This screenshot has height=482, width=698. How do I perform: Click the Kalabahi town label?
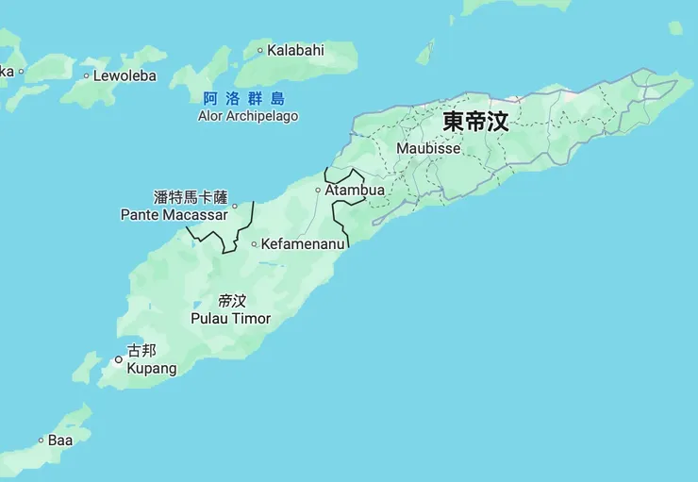pyautogui.click(x=295, y=50)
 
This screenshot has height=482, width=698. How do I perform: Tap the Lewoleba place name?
pyautogui.click(x=125, y=75)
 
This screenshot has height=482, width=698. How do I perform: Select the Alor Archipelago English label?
pyautogui.click(x=248, y=116)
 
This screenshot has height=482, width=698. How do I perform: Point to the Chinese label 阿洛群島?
pyautogui.click(x=243, y=98)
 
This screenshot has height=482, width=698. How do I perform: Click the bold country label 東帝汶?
pyautogui.click(x=475, y=122)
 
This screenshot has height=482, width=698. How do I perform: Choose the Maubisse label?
pyautogui.click(x=428, y=148)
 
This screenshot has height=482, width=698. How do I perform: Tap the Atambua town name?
pyautogui.click(x=355, y=190)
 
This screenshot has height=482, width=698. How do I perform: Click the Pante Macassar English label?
pyautogui.click(x=174, y=215)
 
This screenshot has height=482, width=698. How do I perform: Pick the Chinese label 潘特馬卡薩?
pyautogui.click(x=191, y=197)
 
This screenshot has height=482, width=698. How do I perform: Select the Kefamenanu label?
pyautogui.click(x=303, y=244)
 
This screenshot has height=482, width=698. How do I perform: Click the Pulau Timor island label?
pyautogui.click(x=230, y=319)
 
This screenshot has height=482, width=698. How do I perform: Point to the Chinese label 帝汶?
pyautogui.click(x=232, y=301)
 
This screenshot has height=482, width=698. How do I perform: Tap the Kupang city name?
pyautogui.click(x=152, y=368)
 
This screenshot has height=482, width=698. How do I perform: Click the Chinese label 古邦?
pyautogui.click(x=141, y=351)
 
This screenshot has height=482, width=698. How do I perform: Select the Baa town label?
pyautogui.click(x=60, y=440)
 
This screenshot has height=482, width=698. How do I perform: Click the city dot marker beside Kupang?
pyautogui.click(x=119, y=359)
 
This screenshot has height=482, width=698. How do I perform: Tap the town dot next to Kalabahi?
pyautogui.click(x=261, y=50)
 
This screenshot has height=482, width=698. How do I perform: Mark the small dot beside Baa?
pyautogui.click(x=42, y=440)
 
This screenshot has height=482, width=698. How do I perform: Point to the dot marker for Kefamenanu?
pyautogui.click(x=255, y=244)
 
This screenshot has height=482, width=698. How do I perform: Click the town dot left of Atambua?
pyautogui.click(x=319, y=190)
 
